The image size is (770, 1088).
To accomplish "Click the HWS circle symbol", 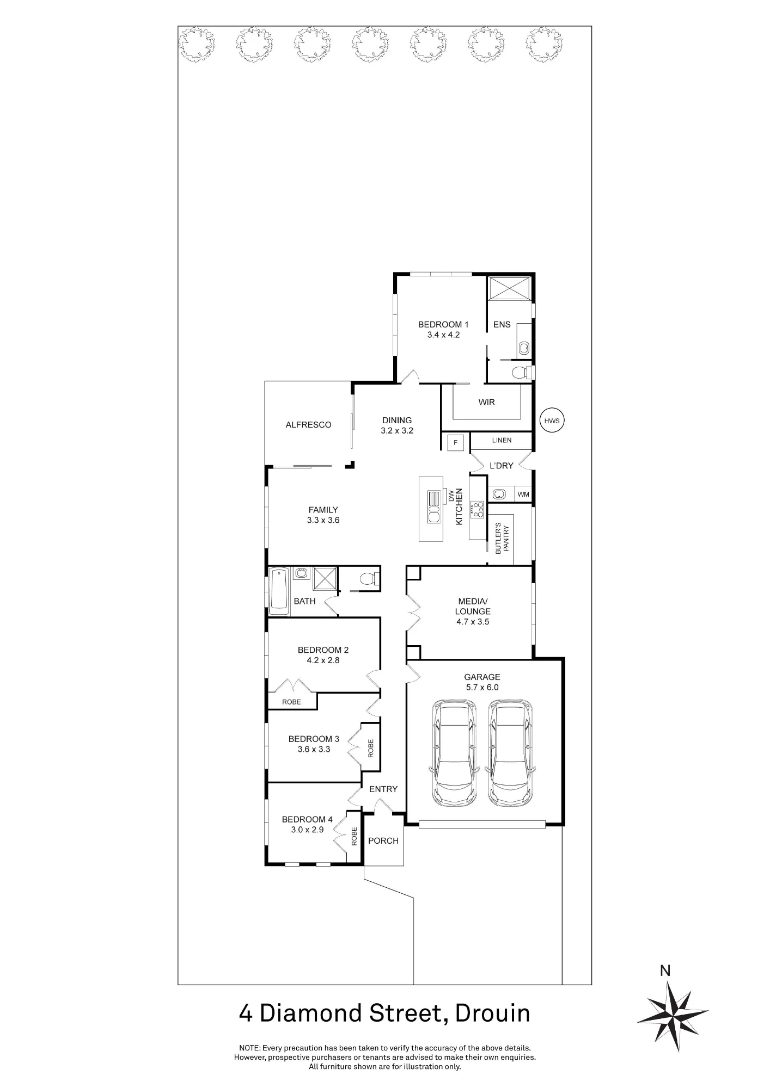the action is click(x=552, y=421).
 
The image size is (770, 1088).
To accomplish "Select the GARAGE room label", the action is click(x=482, y=677).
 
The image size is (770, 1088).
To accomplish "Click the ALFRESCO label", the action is click(x=308, y=425).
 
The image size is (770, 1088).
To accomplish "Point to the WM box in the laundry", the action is click(x=523, y=494).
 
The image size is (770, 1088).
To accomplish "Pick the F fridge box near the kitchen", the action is click(x=455, y=443).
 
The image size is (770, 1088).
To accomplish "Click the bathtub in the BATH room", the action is click(x=279, y=591).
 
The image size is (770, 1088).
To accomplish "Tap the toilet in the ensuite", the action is click(x=521, y=373).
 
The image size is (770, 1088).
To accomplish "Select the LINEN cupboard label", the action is click(x=502, y=440).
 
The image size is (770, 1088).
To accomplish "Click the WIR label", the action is click(x=487, y=403).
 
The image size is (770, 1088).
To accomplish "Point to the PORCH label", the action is click(x=383, y=840).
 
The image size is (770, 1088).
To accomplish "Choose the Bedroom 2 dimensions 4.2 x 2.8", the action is click(x=323, y=660).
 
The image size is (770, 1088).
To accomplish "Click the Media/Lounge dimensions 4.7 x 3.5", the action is click(x=473, y=622).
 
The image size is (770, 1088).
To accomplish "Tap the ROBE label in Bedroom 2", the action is click(x=291, y=702).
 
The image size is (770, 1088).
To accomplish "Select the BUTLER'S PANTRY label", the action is click(x=502, y=539).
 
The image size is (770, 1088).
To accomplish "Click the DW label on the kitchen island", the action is click(x=451, y=496).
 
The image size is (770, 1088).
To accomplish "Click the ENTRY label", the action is click(x=383, y=789).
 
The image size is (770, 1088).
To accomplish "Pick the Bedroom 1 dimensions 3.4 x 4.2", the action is click(x=443, y=335).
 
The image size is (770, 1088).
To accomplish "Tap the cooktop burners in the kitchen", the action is click(x=478, y=509).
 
